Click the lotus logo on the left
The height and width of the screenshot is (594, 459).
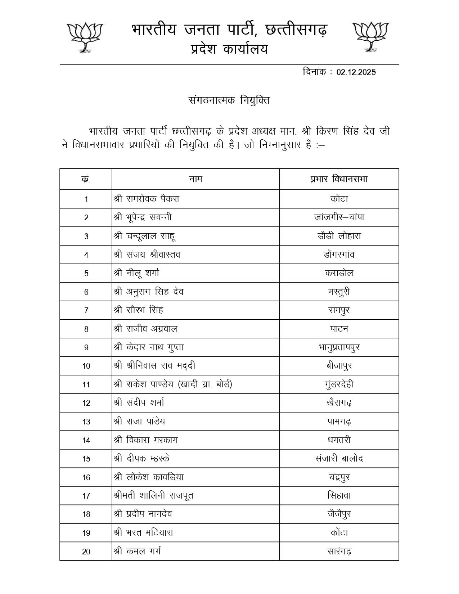[85, 37]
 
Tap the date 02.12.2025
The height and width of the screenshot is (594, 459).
[356, 72]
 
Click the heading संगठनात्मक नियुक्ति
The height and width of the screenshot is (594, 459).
[229, 100]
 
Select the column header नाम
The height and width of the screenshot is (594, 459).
[195, 179]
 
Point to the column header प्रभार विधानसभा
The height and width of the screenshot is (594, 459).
[339, 179]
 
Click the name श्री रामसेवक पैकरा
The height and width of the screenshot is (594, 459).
[147, 199]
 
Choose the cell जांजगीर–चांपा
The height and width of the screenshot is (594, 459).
[339, 217]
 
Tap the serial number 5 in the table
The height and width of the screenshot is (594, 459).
[86, 273]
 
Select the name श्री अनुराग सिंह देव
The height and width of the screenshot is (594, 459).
[149, 292]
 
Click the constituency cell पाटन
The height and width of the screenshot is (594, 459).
[339, 329]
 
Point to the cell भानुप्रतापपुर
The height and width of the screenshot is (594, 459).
[339, 347]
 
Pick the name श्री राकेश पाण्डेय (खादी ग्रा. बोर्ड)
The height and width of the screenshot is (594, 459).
[173, 384]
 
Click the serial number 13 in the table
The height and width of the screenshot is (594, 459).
[86, 422]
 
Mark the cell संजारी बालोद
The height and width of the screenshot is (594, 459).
[339, 459]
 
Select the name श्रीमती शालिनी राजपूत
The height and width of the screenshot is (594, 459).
[153, 496]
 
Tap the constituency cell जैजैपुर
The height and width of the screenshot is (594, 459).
[339, 514]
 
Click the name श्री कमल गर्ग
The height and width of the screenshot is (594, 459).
[137, 551]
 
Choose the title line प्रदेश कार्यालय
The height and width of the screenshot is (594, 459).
[229, 49]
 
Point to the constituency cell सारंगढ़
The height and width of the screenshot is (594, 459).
[339, 551]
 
